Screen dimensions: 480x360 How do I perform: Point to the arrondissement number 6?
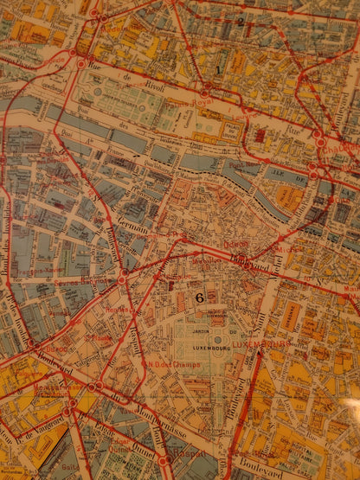pos(200,297)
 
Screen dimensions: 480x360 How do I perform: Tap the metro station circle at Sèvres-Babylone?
pos(124,278)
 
